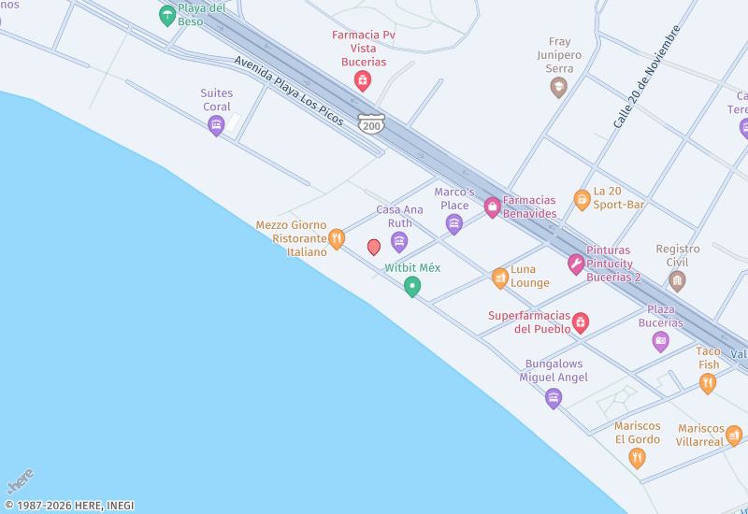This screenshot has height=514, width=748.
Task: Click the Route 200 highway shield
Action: [x=371, y=123]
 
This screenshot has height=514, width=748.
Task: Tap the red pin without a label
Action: [x=374, y=247]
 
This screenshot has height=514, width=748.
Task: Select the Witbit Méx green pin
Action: [x=411, y=287]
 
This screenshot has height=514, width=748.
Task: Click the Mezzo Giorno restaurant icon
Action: [x=337, y=239]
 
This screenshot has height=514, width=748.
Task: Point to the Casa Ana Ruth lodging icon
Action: [x=399, y=242]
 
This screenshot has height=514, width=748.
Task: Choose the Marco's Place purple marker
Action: [x=454, y=223]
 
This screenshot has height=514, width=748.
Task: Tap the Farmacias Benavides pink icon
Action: [x=492, y=207]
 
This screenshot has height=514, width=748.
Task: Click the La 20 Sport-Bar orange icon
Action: [x=582, y=199]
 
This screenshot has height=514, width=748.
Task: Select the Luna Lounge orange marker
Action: [x=500, y=278]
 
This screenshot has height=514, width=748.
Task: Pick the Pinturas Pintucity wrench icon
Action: [x=576, y=264]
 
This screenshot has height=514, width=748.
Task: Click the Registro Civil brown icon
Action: [x=678, y=280]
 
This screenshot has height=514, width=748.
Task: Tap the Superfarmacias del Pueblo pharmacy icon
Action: [x=581, y=323]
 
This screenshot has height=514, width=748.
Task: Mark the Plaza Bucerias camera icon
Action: [x=661, y=341]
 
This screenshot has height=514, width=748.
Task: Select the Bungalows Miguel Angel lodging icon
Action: [x=554, y=398]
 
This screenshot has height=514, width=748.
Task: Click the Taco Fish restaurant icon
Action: [x=708, y=382]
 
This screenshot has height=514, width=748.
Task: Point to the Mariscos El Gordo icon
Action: [x=637, y=457]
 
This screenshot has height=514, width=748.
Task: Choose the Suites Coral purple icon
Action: [x=216, y=125]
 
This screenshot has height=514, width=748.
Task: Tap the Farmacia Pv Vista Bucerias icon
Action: [x=362, y=81]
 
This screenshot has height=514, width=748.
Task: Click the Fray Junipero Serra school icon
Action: [x=558, y=88]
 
